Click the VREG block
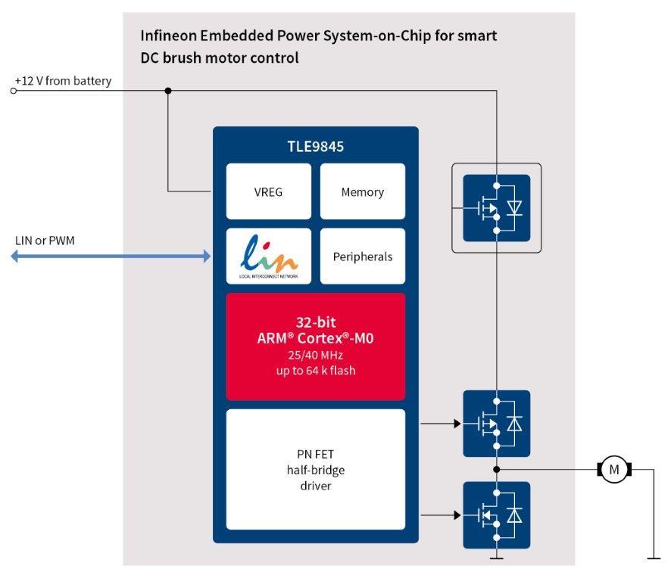coord(268,192)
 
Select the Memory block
coord(362,192)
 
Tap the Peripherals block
coord(362,256)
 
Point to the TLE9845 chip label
coord(315,147)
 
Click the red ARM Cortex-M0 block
coord(315,346)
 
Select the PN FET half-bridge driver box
coord(315,469)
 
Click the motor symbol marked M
coord(614,470)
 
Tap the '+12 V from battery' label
coord(63,81)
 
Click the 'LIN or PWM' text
coord(45,241)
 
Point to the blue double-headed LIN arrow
coord(111,256)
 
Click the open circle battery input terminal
coord(13,91)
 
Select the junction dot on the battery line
coord(168,91)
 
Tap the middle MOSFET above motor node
coord(496,424)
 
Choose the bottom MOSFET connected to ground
coord(496,515)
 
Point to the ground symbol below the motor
coord(652,558)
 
